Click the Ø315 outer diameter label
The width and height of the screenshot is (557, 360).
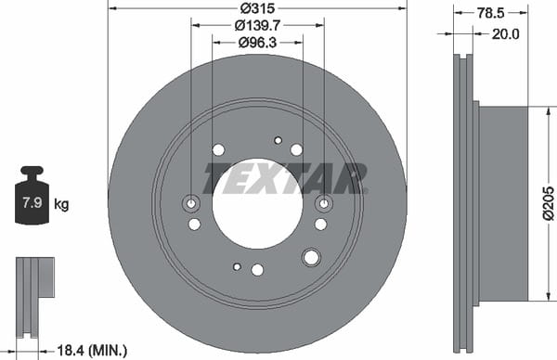(257, 7)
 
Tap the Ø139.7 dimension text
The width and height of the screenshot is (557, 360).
(257, 25)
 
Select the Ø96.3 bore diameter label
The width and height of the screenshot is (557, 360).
(257, 43)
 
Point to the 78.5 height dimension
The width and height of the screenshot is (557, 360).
(490, 13)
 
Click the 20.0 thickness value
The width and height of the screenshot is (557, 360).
(506, 34)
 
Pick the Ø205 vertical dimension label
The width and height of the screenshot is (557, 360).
(549, 202)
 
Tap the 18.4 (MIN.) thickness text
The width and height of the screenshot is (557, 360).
(92, 351)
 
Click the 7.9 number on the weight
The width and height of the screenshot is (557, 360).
(32, 202)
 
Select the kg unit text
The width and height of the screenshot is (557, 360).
(61, 204)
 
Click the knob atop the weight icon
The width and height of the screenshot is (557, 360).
(32, 171)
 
